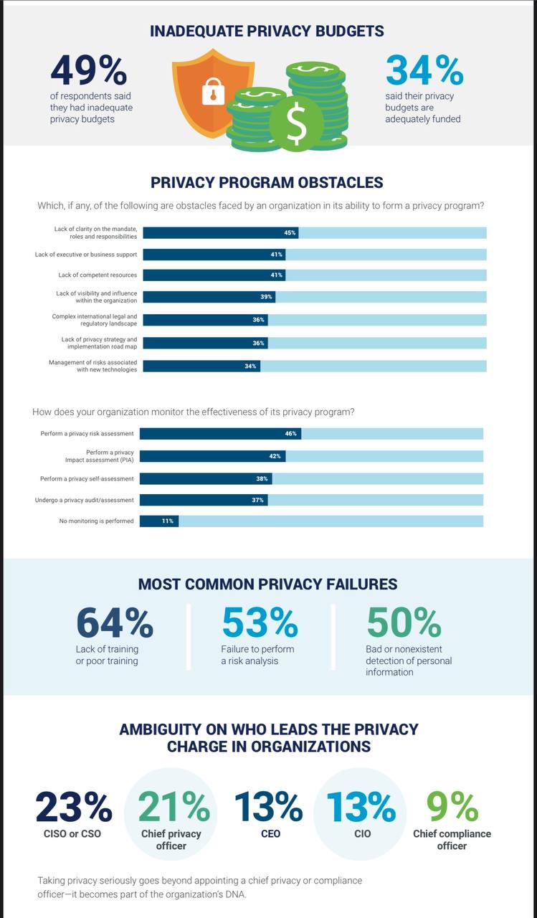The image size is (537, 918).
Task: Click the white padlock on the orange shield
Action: tap(213, 91)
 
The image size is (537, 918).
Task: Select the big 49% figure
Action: tap(88, 70)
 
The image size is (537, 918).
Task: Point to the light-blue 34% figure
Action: tap(424, 70)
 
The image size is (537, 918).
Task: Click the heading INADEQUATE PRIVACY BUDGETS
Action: tap(267, 32)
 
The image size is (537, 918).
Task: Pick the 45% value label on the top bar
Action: tap(290, 233)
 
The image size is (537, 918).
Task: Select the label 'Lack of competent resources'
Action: tap(98, 275)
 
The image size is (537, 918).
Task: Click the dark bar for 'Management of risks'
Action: tap(201, 366)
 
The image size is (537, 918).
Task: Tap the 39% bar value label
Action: tap(267, 297)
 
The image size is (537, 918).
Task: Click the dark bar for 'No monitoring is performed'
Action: tap(158, 521)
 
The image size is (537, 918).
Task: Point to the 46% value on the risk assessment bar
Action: tap(290, 434)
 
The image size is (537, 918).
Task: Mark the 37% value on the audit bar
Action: tap(258, 500)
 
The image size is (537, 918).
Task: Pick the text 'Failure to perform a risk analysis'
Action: tap(257, 655)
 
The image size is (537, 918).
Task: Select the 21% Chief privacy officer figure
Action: tap(174, 807)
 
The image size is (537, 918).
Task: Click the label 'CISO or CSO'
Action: tap(74, 834)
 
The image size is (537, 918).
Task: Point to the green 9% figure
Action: tap(452, 807)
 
